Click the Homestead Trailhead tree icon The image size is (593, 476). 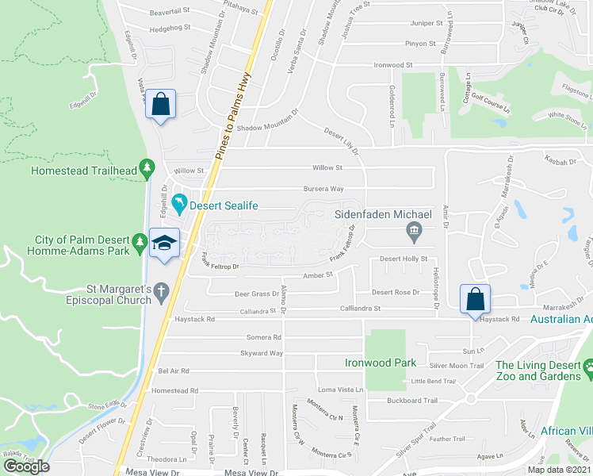[x=146, y=167]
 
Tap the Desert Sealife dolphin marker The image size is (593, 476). [x=181, y=205]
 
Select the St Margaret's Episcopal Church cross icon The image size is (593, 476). [x=162, y=290]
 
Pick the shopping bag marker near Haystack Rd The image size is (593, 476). [x=474, y=299]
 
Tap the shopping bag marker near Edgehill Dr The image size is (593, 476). [x=160, y=105]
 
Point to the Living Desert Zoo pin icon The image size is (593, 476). [x=588, y=369]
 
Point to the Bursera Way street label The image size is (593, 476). [x=323, y=189]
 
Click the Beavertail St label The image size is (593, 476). [x=170, y=11]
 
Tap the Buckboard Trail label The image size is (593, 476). [x=412, y=401]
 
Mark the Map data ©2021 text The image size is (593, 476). [x=558, y=469]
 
